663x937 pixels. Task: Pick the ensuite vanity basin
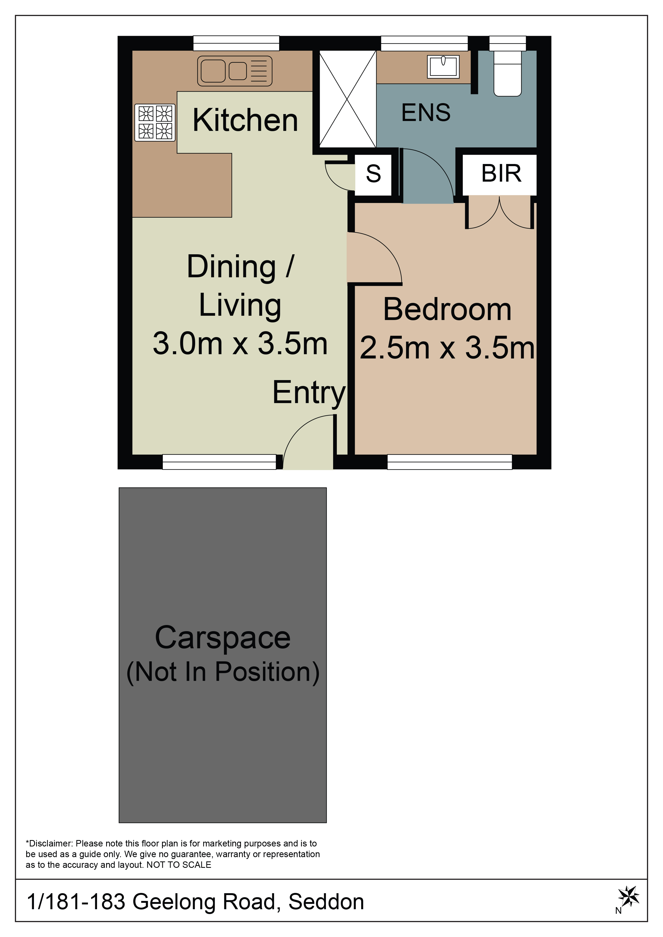tap(443, 67)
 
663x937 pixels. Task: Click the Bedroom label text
tap(447, 309)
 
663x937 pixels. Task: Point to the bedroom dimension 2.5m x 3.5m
tap(447, 348)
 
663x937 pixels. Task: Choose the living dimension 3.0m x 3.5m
tap(240, 343)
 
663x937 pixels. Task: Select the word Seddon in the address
tap(326, 902)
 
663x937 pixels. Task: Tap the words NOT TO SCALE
tap(179, 865)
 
